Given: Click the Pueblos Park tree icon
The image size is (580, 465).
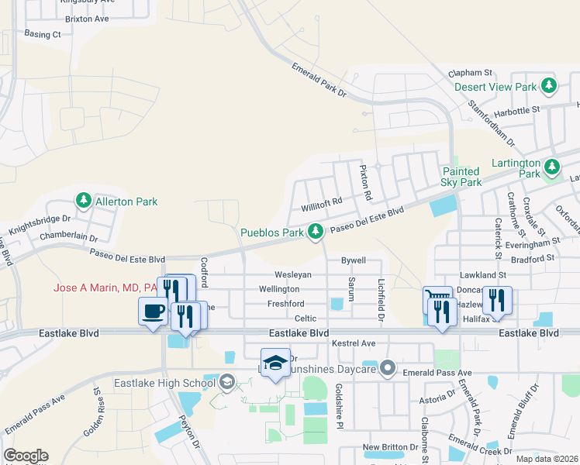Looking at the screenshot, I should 316,232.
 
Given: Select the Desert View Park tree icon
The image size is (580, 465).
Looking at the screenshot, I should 550,86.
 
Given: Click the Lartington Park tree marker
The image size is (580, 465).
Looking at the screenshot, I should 551,167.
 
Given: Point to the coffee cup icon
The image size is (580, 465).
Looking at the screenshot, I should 151,312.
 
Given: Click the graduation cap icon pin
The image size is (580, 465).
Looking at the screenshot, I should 275,363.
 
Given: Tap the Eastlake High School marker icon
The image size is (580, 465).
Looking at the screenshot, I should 226,382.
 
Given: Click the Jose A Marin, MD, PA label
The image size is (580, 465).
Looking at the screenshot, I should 105,288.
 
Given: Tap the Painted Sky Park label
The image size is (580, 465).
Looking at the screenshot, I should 462,177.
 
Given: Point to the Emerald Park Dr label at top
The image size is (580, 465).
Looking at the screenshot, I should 319,81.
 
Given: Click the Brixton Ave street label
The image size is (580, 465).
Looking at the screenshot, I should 87,17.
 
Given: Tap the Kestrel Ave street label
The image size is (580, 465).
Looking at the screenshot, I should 353,343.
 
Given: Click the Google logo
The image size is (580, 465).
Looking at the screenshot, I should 26,456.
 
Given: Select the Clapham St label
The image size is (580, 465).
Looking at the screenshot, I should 471,73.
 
